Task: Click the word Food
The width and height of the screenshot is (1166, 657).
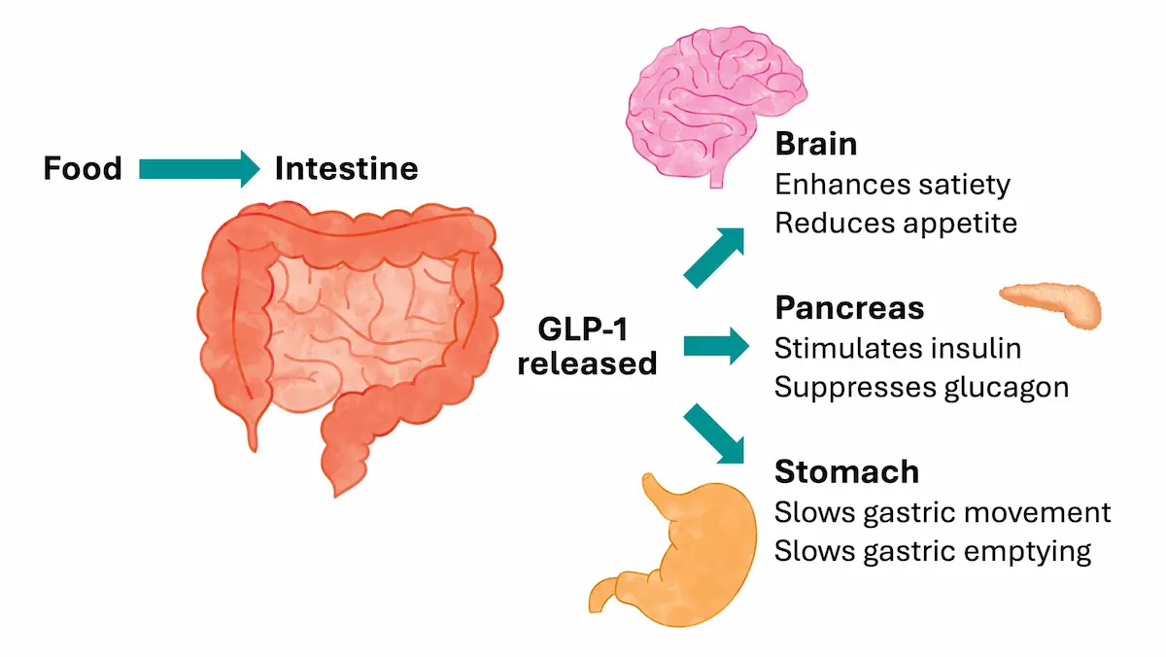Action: (x=83, y=169)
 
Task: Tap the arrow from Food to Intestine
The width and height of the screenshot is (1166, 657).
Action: (x=199, y=169)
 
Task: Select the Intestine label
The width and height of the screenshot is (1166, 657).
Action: (x=347, y=169)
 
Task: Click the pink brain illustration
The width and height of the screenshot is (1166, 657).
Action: (x=716, y=104)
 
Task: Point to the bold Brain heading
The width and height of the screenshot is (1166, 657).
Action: (x=815, y=144)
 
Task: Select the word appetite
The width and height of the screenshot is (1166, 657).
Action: (x=960, y=225)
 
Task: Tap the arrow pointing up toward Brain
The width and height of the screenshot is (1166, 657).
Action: (x=713, y=258)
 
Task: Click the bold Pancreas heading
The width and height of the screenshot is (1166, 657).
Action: (x=849, y=308)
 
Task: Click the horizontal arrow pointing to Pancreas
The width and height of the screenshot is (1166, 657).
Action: (x=716, y=346)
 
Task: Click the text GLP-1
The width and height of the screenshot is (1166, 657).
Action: (x=583, y=329)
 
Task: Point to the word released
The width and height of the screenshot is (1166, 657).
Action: (x=587, y=363)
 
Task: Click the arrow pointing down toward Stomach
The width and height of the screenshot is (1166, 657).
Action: (x=713, y=433)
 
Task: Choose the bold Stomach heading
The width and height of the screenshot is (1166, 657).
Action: (x=847, y=471)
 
